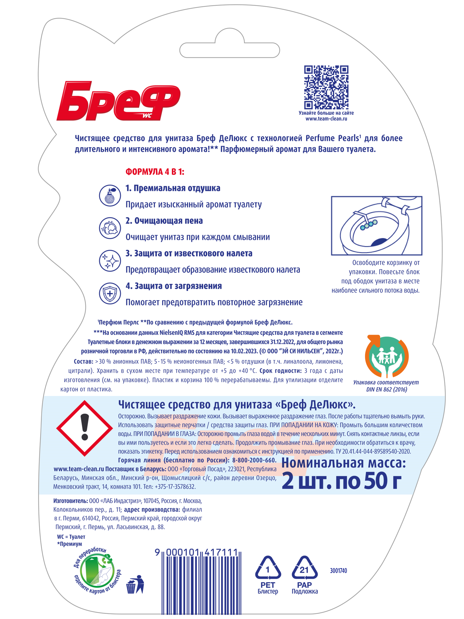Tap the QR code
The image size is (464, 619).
click(326, 87)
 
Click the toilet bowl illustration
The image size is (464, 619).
click(376, 226)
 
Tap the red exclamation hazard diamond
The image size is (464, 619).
click(84, 428)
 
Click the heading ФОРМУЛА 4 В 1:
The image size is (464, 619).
click(155, 172)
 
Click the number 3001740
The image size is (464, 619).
click(338, 571)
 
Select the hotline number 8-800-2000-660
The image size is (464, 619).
click(254, 460)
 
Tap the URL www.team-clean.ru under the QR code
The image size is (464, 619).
click(326, 119)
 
